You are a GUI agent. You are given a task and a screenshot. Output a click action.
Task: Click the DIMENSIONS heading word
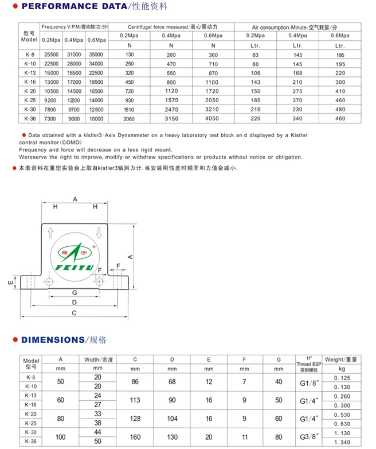coord(53,339)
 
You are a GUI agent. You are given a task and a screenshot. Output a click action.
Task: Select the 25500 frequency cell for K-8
coord(50,54)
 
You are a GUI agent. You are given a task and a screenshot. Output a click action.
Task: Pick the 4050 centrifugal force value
coord(213,119)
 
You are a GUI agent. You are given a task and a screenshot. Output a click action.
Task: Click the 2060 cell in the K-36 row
coord(129,119)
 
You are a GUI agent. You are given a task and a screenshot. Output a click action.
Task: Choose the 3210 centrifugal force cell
coord(213,110)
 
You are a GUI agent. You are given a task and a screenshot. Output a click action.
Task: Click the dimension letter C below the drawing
coord(75,313)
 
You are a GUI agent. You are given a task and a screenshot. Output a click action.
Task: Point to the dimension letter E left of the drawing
coord(10,282)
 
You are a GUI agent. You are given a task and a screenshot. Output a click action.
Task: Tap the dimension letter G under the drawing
coord(75,293)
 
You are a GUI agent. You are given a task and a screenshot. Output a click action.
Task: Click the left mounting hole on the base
coord(50,282)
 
